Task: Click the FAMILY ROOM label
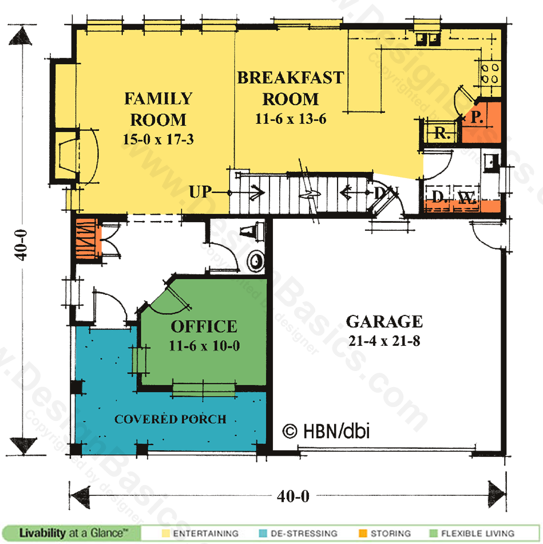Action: [158, 109]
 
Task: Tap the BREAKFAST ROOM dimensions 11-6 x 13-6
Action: [291, 119]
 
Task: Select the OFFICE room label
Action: [204, 326]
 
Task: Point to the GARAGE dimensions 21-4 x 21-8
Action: [384, 341]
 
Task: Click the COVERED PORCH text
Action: [171, 419]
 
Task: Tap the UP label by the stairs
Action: [200, 192]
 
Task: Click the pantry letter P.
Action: [477, 117]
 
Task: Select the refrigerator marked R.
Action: [441, 132]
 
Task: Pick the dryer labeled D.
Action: [438, 198]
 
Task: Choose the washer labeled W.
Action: [467, 198]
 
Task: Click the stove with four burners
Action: [490, 73]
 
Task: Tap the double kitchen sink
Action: [427, 39]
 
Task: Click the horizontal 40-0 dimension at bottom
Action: [293, 496]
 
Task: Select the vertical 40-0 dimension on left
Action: [21, 245]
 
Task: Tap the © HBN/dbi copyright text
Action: [326, 431]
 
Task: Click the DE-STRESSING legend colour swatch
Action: [263, 533]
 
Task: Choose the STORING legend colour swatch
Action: [363, 533]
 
